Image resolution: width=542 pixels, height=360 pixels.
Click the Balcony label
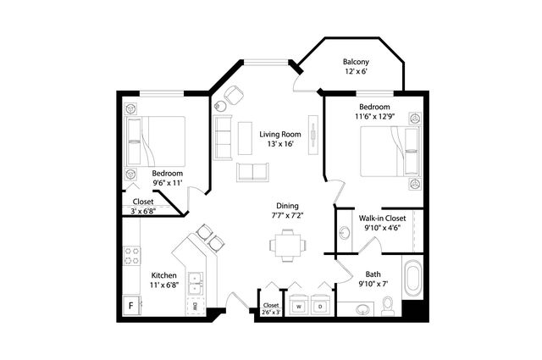[x=356, y=62]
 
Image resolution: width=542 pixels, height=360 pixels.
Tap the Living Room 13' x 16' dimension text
[x=280, y=144]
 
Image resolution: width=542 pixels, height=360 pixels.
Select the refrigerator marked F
[x=132, y=305]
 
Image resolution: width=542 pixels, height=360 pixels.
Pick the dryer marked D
[x=320, y=305]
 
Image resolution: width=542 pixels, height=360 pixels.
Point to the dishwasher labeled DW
[x=196, y=306]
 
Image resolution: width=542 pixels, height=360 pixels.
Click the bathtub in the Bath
[x=412, y=277]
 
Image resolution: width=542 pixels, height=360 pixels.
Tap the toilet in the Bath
[x=387, y=307]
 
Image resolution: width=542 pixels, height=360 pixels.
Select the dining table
[x=288, y=245]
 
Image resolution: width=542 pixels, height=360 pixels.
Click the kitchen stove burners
[x=132, y=256]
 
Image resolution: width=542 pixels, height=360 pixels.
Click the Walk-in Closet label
[x=382, y=219]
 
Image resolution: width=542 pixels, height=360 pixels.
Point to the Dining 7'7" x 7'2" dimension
[x=287, y=216]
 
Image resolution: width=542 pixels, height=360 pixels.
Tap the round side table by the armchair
[x=220, y=106]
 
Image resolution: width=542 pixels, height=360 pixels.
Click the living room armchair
[x=234, y=94]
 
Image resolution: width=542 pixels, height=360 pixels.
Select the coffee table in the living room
[x=245, y=138]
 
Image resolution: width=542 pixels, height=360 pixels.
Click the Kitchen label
[x=164, y=275]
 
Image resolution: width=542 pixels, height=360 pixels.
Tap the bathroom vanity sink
[x=362, y=309]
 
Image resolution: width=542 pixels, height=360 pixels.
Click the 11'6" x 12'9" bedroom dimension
[x=374, y=117]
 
